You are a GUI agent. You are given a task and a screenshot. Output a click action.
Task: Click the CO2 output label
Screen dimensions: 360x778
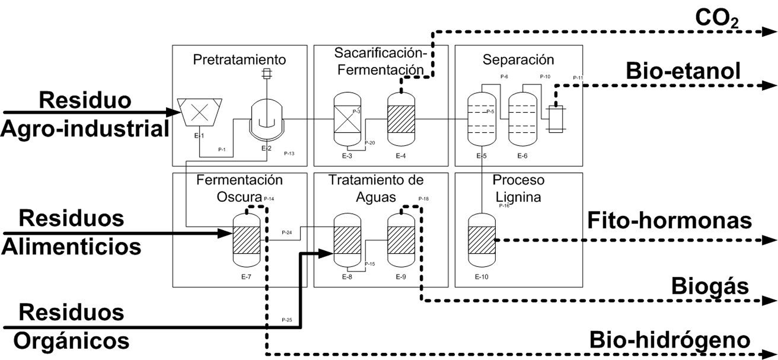coord(716,19)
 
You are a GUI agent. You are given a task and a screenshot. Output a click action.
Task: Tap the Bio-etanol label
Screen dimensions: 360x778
coord(683,71)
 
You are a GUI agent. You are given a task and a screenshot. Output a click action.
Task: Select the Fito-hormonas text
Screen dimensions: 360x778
coord(669,221)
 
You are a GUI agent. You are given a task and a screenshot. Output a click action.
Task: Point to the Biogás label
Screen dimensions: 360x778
coord(709,286)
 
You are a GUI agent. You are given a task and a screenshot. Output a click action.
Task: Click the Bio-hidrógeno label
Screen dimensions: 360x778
coord(669,340)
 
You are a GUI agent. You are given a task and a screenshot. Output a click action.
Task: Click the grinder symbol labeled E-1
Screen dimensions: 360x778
coord(200,112)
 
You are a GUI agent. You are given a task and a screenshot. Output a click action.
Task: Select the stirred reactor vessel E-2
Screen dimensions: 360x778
coord(267,120)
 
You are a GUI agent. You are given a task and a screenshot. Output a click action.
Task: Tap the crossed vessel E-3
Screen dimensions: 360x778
coord(347,119)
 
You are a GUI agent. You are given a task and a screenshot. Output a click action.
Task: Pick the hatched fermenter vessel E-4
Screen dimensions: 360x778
coord(401,119)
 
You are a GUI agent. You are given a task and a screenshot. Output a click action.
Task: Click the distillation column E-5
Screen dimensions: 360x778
coord(481,119)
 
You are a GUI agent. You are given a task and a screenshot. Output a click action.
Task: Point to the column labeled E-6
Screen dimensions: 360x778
coord(522,119)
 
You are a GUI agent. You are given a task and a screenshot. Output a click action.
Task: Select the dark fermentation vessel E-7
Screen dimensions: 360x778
coord(246,240)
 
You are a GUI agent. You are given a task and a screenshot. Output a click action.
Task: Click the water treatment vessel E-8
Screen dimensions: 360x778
coord(347,240)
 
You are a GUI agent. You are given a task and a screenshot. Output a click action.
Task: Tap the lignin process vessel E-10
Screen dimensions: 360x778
coord(482,240)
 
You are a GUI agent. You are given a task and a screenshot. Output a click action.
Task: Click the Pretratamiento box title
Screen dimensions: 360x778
coord(239,60)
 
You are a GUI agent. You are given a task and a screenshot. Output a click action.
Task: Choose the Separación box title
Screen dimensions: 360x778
coord(518,60)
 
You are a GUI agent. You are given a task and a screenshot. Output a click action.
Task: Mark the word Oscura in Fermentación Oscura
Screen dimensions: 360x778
coord(239,196)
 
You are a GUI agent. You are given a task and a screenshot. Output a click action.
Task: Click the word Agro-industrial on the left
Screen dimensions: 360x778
coord(85,128)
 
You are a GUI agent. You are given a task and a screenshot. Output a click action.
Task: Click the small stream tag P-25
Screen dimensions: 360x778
coord(286,320)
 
